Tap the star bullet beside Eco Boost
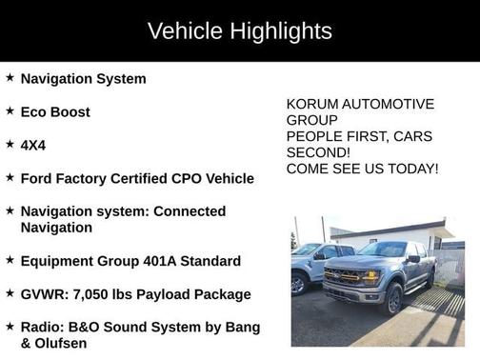[10, 110]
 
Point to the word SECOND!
[318, 152]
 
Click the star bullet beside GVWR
[10, 293]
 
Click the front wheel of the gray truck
[393, 299]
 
